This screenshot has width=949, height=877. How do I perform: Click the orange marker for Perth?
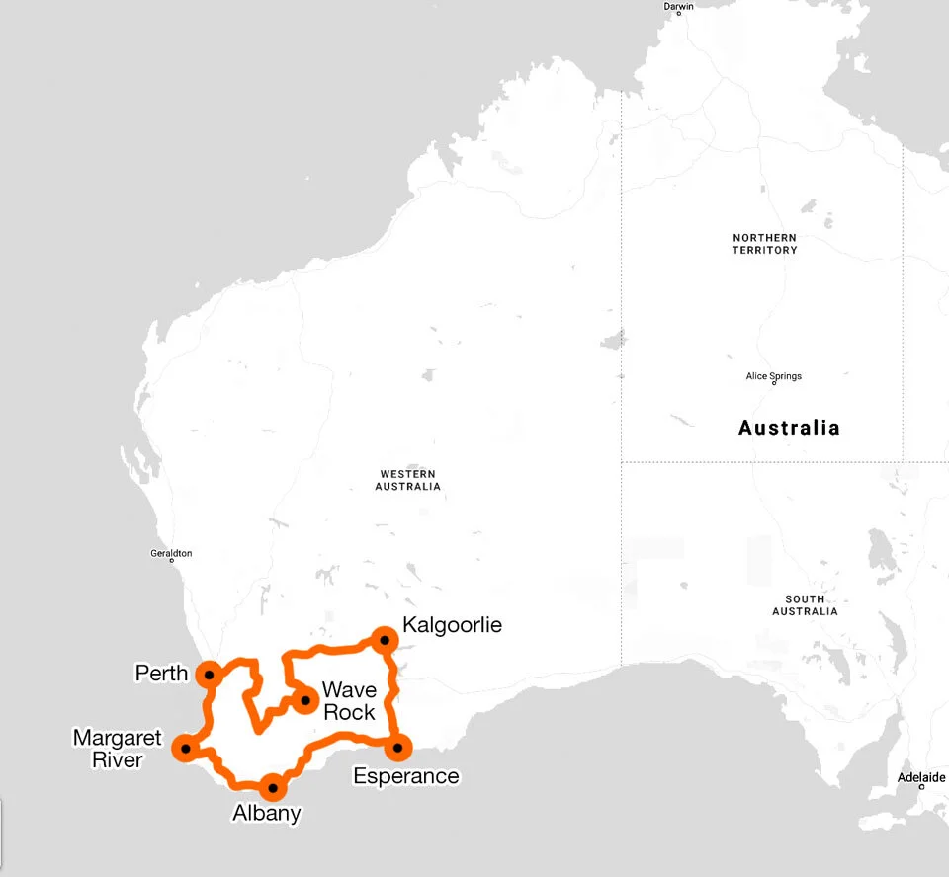click(x=209, y=676)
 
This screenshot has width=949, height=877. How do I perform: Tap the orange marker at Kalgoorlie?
click(x=384, y=640)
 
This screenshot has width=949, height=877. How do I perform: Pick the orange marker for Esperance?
click(x=397, y=748)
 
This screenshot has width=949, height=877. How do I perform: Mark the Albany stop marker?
click(x=272, y=788)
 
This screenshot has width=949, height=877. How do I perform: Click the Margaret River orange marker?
click(x=185, y=749)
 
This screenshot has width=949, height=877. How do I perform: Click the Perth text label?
click(x=161, y=674)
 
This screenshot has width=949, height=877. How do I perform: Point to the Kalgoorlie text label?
click(x=452, y=625)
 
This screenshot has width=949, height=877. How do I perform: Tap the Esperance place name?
click(x=406, y=776)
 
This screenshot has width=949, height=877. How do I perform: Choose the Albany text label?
click(x=266, y=814)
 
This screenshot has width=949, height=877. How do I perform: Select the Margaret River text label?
click(x=117, y=749)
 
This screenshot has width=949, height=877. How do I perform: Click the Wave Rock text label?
click(x=349, y=701)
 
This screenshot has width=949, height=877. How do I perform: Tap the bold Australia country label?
click(x=789, y=429)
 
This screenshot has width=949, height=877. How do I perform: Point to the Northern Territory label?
click(x=764, y=244)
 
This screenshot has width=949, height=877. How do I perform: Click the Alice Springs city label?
click(x=773, y=376)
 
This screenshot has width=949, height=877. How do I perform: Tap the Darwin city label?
click(x=679, y=6)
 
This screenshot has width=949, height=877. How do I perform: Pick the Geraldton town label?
click(x=171, y=553)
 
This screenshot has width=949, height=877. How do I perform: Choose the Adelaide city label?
click(x=921, y=777)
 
